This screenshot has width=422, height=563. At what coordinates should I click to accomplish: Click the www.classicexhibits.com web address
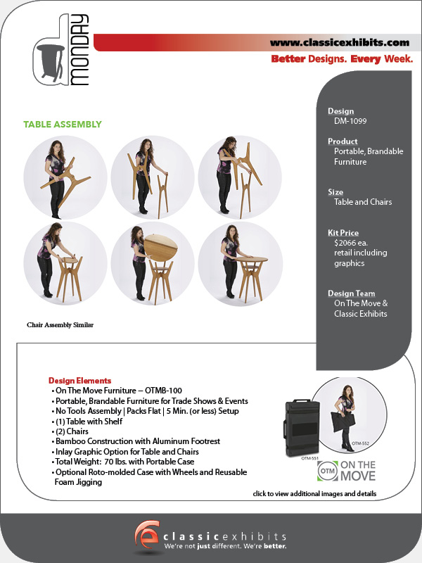pyautogui.click(x=340, y=43)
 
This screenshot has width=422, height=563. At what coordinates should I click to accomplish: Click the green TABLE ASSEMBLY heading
pyautogui.click(x=63, y=125)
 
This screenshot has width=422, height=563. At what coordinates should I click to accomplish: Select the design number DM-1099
pyautogui.click(x=350, y=121)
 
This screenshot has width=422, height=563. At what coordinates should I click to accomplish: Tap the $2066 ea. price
pyautogui.click(x=350, y=243)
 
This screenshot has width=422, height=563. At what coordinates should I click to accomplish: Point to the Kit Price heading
pyautogui.click(x=343, y=233)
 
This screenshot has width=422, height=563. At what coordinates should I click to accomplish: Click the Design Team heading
pyautogui.click(x=351, y=293)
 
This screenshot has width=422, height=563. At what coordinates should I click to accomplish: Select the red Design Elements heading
pyautogui.click(x=79, y=381)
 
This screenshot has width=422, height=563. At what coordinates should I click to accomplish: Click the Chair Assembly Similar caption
pyautogui.click(x=60, y=325)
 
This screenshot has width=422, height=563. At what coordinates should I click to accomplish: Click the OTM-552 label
pyautogui.click(x=360, y=443)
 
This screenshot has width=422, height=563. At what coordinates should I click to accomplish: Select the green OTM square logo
pyautogui.click(x=328, y=471)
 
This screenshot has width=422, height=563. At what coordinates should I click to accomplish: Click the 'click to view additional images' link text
pyautogui.click(x=314, y=494)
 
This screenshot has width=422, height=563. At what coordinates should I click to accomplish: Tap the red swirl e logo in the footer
pyautogui.click(x=147, y=534)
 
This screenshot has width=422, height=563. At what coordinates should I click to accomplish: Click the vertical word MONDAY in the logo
pyautogui.click(x=79, y=50)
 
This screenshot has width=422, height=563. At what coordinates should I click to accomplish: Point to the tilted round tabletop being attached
pyautogui.click(x=160, y=248)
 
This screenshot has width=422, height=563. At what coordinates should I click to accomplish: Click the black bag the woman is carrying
pyautogui.click(x=343, y=422)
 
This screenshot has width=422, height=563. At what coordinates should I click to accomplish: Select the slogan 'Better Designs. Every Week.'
pyautogui.click(x=342, y=59)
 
